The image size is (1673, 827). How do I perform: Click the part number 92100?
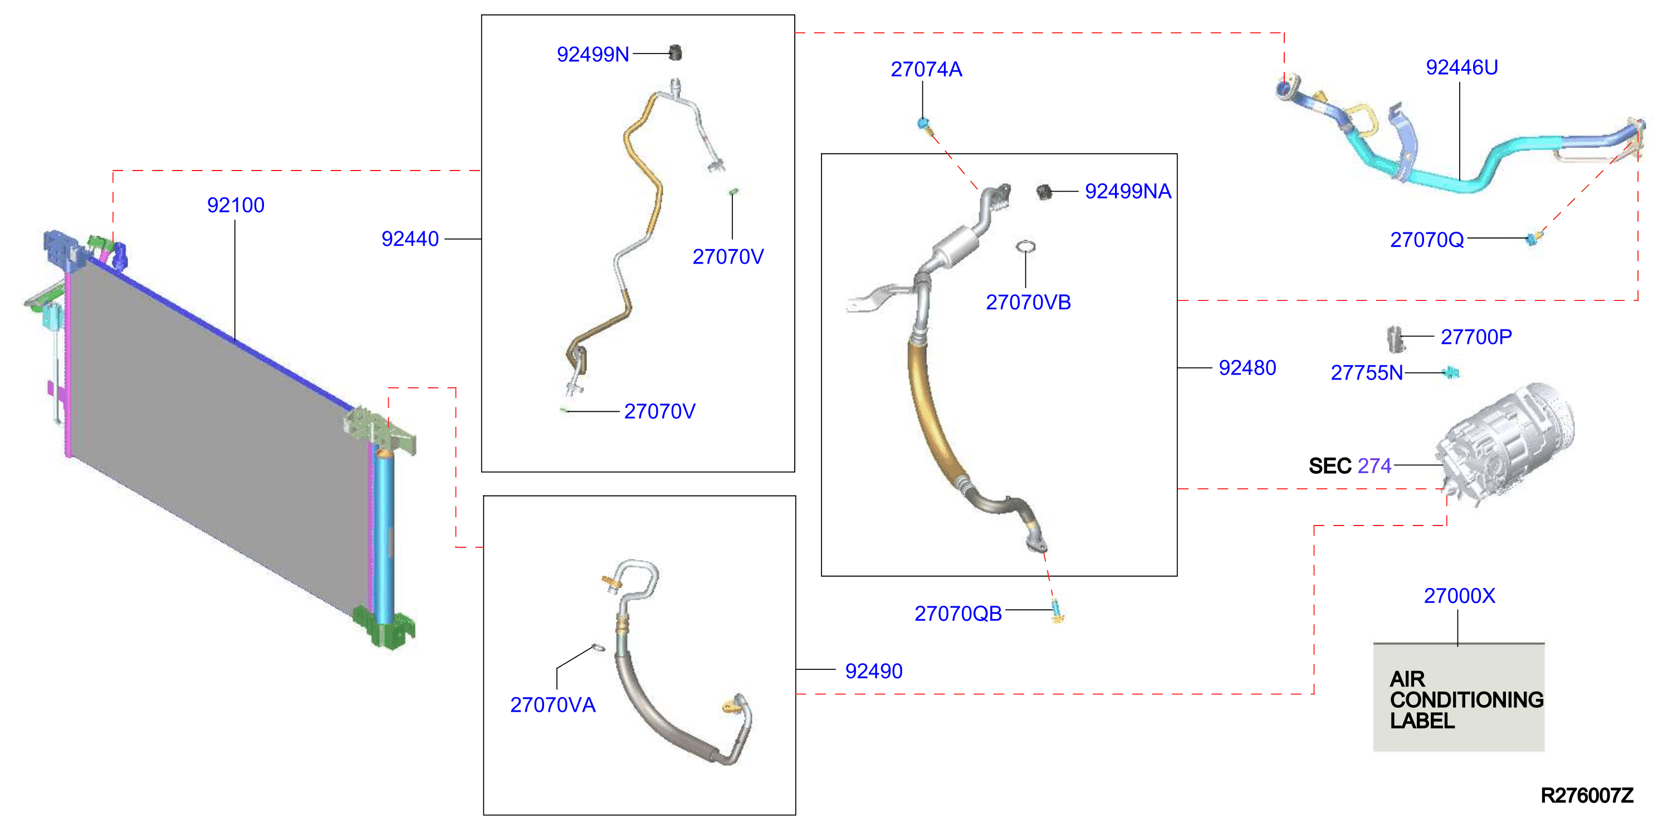tap(236, 205)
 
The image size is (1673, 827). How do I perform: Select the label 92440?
tap(410, 239)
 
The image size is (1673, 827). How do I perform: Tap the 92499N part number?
tap(593, 55)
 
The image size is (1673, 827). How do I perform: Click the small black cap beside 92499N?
tap(676, 52)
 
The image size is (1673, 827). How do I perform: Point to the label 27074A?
tap(926, 70)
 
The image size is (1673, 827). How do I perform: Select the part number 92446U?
tap(1461, 67)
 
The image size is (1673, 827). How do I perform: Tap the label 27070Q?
tap(1427, 240)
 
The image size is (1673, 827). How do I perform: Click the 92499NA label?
tap(1128, 192)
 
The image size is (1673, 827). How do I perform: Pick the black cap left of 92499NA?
tap(1044, 192)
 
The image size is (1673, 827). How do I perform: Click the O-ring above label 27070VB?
tap(1025, 246)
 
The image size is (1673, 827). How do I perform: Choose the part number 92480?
tap(1247, 368)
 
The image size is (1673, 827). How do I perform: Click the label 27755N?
tap(1367, 373)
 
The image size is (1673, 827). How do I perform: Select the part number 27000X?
tap(1459, 596)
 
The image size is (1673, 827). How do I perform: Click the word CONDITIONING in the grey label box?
tap(1466, 700)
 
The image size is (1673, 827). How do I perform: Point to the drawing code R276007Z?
tap(1587, 795)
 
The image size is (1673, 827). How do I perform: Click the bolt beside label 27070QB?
tap(1056, 611)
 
